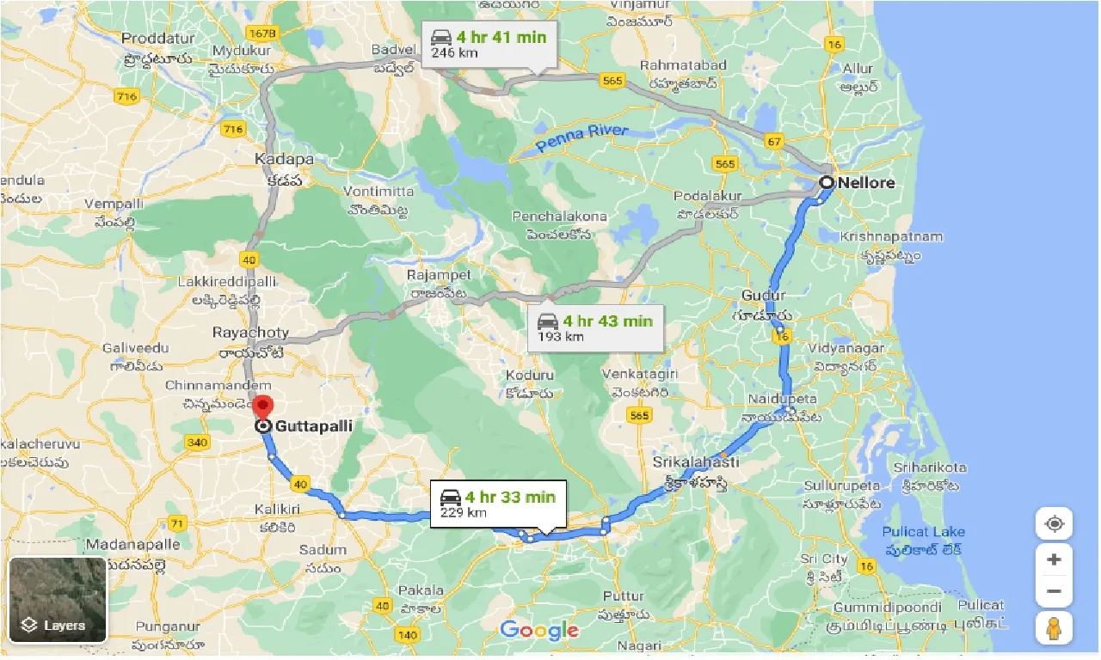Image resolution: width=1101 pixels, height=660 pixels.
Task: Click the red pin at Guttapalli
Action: (265, 406)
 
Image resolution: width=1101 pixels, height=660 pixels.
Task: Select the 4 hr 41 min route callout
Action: (489, 43)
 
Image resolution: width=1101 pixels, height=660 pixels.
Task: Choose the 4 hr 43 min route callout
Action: (595, 327)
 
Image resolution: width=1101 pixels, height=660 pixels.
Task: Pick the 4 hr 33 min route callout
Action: (498, 504)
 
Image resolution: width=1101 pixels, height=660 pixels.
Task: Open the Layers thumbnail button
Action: (58, 600)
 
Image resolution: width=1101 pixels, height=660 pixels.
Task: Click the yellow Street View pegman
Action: (1054, 628)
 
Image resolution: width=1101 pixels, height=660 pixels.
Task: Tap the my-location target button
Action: (1054, 523)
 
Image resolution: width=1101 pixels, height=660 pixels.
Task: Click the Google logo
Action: (539, 631)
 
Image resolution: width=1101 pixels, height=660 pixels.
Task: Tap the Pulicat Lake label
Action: (923, 532)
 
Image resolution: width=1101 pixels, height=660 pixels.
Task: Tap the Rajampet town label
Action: (439, 275)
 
